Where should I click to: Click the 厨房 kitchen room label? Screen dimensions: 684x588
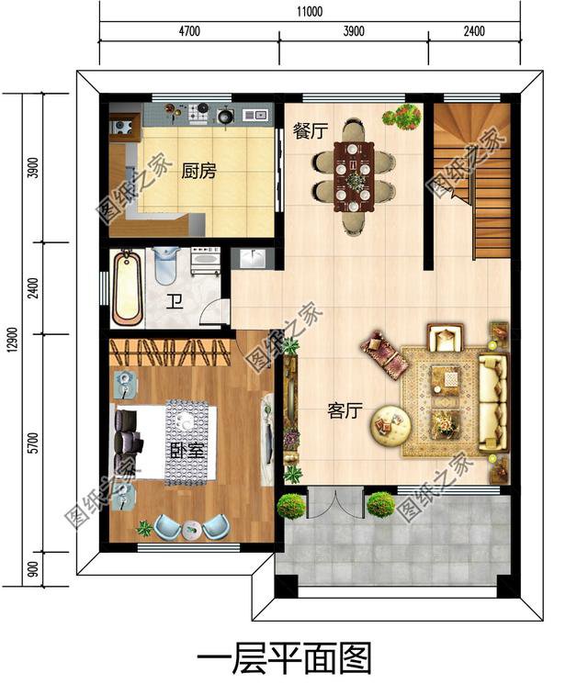(198, 171)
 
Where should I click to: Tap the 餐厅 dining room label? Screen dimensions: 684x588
(310, 130)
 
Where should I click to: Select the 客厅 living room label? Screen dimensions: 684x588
(345, 411)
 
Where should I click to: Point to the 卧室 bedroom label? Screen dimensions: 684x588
(187, 452)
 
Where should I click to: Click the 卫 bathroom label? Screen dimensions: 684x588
(174, 301)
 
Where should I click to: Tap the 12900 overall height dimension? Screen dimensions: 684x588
(12, 337)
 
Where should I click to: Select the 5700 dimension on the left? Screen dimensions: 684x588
(34, 444)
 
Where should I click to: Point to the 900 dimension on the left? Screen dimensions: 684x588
(34, 570)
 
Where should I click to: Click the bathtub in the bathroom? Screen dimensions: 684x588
(128, 287)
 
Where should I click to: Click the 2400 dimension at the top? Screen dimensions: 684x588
(473, 31)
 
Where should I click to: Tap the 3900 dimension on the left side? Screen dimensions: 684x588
(34, 169)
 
